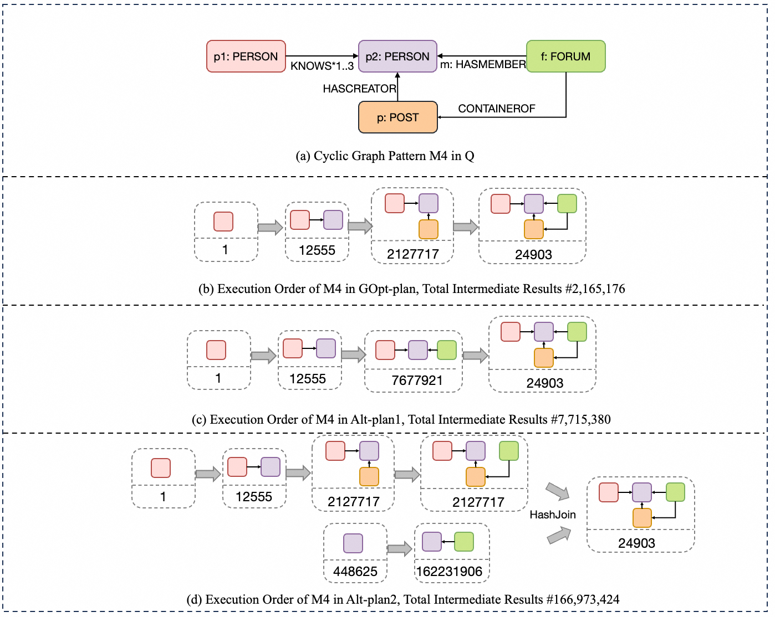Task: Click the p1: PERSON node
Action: (246, 56)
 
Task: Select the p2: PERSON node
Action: (397, 56)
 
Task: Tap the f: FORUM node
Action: (565, 56)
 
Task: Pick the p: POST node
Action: (397, 117)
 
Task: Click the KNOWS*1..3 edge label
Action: (322, 66)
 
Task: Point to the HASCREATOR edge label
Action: (359, 89)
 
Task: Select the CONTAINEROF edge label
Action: (496, 109)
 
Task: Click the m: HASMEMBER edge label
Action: (483, 65)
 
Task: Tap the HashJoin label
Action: (552, 515)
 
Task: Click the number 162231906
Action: (449, 572)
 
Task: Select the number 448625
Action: (355, 572)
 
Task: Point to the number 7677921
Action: (417, 381)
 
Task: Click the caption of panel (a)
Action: (385, 156)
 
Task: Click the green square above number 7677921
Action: (447, 350)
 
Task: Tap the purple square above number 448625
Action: (353, 543)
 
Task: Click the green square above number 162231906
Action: (464, 542)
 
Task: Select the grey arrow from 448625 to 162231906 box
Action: (400, 549)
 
